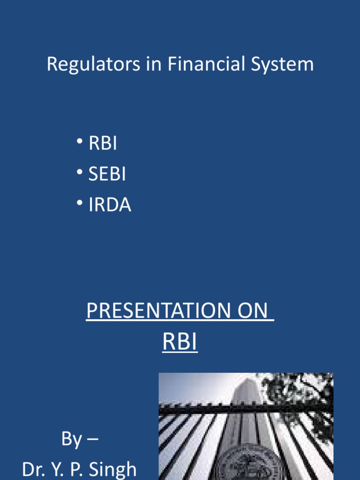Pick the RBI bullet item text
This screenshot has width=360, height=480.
[103, 143]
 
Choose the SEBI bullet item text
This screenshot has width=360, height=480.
[107, 174]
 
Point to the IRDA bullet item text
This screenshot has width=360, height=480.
[110, 205]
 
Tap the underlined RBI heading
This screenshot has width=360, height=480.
[180, 342]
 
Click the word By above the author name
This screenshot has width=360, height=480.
[71, 439]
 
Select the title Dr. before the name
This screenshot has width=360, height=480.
[34, 469]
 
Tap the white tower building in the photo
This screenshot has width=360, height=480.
[247, 398]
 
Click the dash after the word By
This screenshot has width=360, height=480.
[92, 440]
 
